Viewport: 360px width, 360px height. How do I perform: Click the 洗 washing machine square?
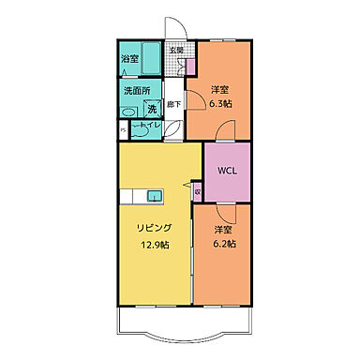point(151,110)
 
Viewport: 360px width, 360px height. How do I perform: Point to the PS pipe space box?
point(123,131)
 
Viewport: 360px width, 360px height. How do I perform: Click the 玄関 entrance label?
point(175,49)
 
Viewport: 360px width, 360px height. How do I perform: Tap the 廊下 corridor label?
point(174,106)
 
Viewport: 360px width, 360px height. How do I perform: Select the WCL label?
point(227,171)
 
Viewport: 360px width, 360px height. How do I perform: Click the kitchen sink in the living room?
point(155,195)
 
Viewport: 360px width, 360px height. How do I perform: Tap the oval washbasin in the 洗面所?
point(128,109)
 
